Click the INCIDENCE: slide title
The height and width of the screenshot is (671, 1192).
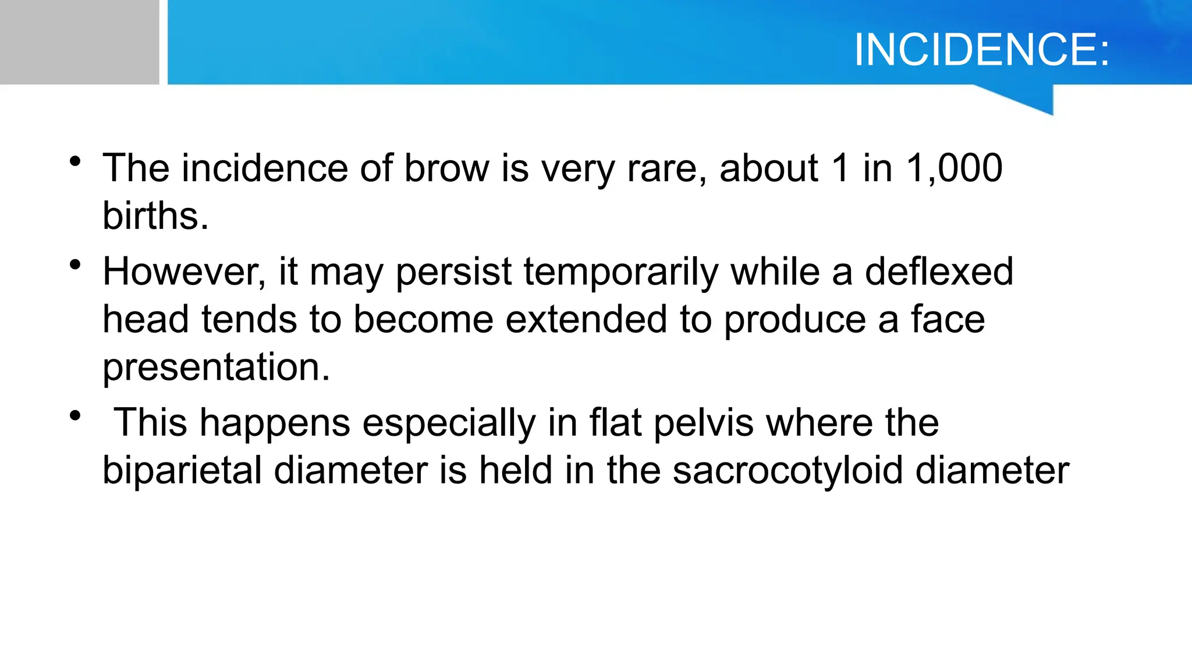click(981, 50)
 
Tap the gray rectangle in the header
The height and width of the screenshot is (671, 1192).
click(79, 42)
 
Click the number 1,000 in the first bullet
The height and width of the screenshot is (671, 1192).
click(954, 168)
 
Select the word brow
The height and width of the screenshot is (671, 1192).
click(447, 168)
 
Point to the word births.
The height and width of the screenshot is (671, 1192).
click(155, 216)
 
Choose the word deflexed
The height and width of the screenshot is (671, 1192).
click(939, 272)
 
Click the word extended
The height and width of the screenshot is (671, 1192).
click(586, 320)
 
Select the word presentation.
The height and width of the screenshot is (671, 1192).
click(216, 368)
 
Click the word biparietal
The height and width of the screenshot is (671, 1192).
click(182, 471)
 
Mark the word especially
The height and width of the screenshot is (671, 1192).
click(448, 423)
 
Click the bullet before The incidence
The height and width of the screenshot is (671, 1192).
click(74, 161)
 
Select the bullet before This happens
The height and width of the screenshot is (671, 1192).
click(74, 416)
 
